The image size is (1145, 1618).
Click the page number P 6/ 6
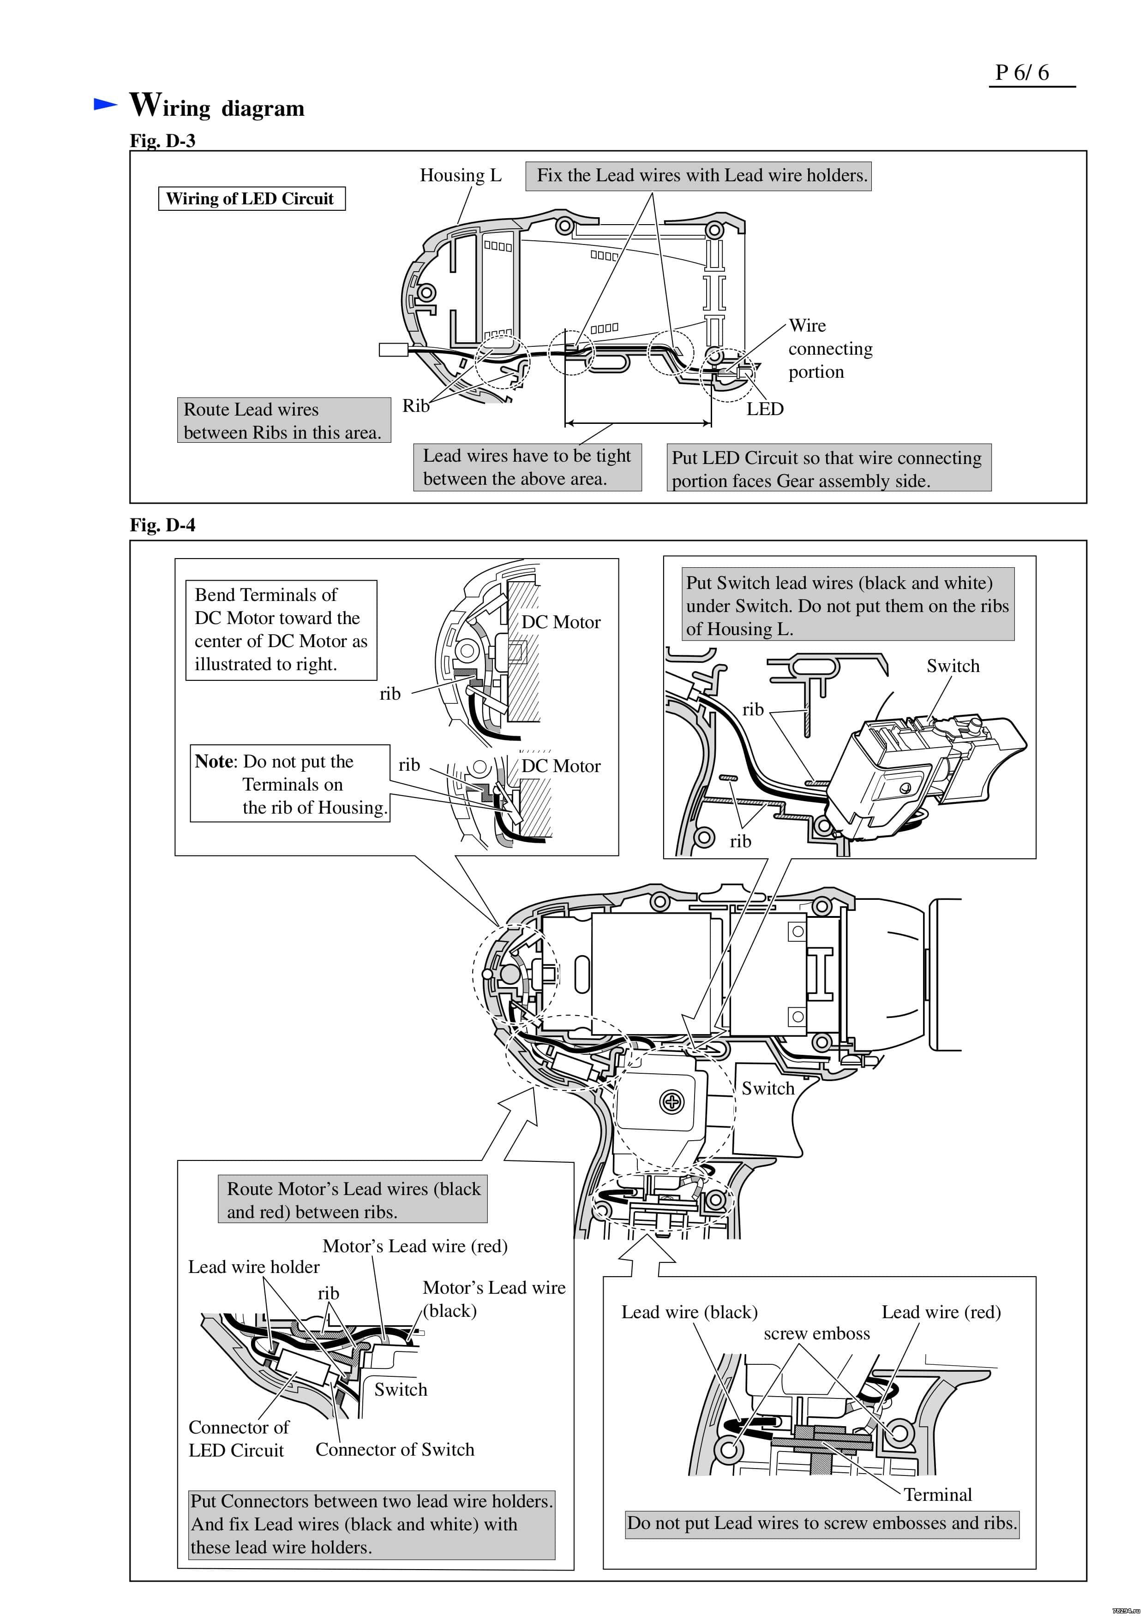click(x=1022, y=72)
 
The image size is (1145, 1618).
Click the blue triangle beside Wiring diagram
click(x=105, y=104)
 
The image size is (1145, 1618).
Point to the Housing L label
click(x=461, y=175)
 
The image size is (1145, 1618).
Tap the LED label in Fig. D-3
click(x=765, y=409)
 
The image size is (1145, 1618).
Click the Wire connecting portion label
click(x=829, y=348)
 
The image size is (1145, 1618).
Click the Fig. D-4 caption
click(x=162, y=525)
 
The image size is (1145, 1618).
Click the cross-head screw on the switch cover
click(x=671, y=1101)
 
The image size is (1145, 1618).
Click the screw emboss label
click(x=816, y=1333)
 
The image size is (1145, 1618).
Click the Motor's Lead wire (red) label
click(x=414, y=1246)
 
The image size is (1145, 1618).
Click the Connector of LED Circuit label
click(x=238, y=1438)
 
